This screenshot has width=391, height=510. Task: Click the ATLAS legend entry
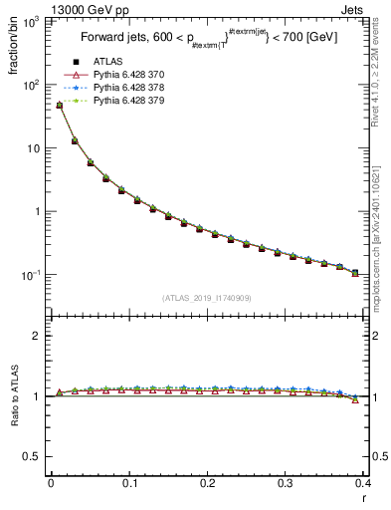[x=108, y=63]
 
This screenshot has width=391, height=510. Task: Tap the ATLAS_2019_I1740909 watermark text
[x=206, y=298]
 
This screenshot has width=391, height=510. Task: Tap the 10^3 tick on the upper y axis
[x=30, y=21]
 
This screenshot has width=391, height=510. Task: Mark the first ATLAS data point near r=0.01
[x=59, y=105]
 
